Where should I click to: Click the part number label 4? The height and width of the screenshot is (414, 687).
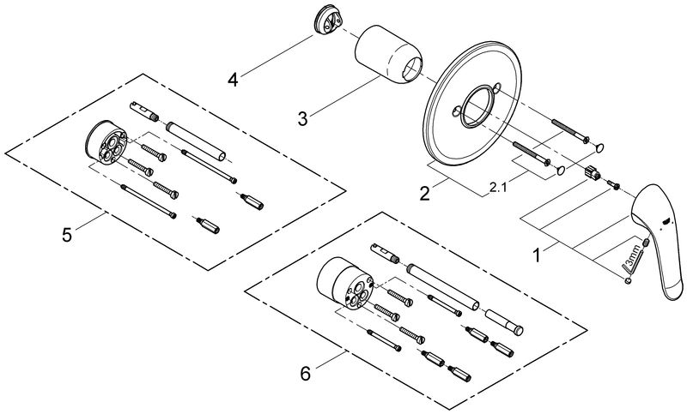[x=233, y=80]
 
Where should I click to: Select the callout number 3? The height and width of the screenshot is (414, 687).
[x=303, y=118]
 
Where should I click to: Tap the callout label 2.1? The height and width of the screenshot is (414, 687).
[x=498, y=189]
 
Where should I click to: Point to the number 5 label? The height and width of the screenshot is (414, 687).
[x=67, y=235]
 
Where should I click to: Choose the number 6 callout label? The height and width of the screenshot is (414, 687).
[x=306, y=375]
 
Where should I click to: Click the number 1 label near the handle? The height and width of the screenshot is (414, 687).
[x=536, y=255]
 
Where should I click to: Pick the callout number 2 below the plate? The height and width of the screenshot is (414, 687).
[x=424, y=194]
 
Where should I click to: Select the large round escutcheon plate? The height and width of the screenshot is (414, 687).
[x=472, y=104]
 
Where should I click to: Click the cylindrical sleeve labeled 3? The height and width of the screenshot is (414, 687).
[x=388, y=54]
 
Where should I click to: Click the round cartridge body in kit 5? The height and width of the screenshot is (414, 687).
[x=106, y=142]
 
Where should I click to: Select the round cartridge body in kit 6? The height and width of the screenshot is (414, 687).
[x=345, y=284]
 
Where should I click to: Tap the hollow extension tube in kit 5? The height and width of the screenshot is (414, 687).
[x=196, y=141]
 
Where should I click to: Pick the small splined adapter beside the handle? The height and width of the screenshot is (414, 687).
[x=592, y=171]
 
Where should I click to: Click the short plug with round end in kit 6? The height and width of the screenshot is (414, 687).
[x=504, y=321]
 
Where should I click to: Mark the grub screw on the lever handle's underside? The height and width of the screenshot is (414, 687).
[x=646, y=243]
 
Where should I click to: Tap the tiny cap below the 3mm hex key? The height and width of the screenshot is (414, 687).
[x=628, y=281]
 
